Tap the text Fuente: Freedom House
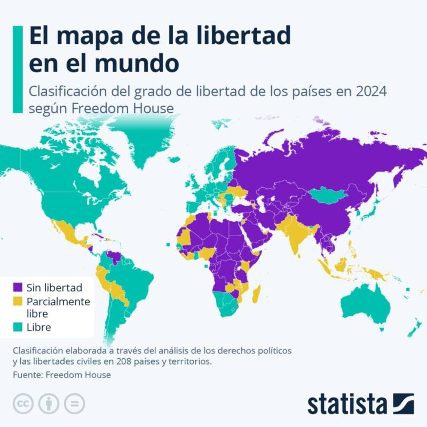coord(62,375)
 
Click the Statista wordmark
coord(347,404)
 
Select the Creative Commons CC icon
coord(22,403)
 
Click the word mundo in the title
coord(144,64)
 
